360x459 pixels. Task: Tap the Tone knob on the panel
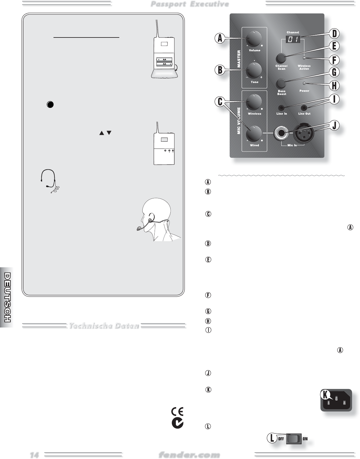254,70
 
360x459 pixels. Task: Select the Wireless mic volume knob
254,102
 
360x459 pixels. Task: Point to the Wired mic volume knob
254,134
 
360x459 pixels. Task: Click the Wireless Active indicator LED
304,58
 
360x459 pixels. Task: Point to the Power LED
304,84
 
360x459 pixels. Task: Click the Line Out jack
304,108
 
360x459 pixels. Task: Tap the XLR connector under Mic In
304,133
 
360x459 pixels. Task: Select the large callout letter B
220,70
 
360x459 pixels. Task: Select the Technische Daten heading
104,325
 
